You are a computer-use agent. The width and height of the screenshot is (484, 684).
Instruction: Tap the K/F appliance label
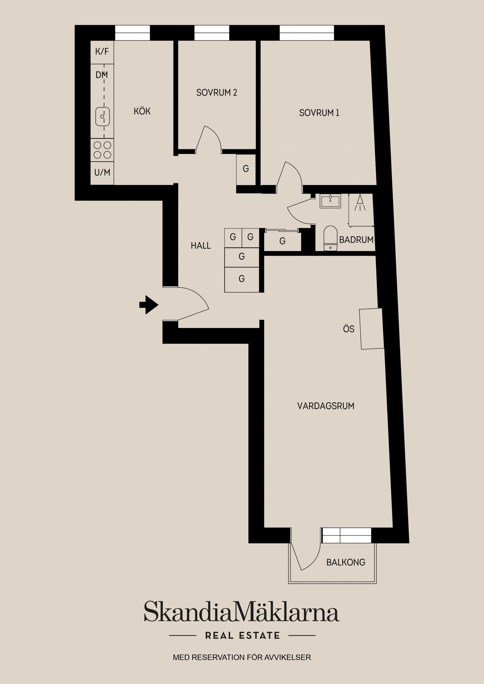(x=102, y=52)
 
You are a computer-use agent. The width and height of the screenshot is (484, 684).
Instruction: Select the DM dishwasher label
(x=102, y=75)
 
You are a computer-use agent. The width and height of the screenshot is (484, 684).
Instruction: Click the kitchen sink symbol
(x=102, y=117)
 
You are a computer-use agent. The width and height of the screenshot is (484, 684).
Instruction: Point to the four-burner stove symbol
(x=102, y=150)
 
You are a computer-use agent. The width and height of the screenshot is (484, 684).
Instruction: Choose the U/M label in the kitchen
(x=102, y=173)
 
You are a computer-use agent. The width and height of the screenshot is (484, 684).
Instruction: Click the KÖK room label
(x=142, y=111)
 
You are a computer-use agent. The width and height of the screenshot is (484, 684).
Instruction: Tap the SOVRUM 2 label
(x=217, y=93)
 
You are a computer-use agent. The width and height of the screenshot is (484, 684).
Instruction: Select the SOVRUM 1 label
(x=319, y=113)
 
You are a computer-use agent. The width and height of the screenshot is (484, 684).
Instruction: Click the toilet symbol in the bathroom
(x=330, y=238)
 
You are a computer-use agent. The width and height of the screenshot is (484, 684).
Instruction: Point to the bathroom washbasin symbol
(x=330, y=201)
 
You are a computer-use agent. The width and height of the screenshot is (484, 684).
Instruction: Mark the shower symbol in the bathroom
(x=360, y=202)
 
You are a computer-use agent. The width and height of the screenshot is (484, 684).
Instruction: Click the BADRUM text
(x=356, y=240)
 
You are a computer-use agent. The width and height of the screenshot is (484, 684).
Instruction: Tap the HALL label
(x=201, y=246)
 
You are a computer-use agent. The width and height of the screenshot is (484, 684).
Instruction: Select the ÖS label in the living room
(x=349, y=329)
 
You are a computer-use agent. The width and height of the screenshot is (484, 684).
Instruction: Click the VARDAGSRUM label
(x=326, y=406)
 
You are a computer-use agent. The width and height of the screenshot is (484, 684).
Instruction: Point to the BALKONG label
(x=346, y=562)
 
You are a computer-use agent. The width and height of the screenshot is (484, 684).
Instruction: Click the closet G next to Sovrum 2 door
(x=246, y=169)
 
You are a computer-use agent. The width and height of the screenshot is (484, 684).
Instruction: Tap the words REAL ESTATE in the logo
(x=243, y=635)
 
